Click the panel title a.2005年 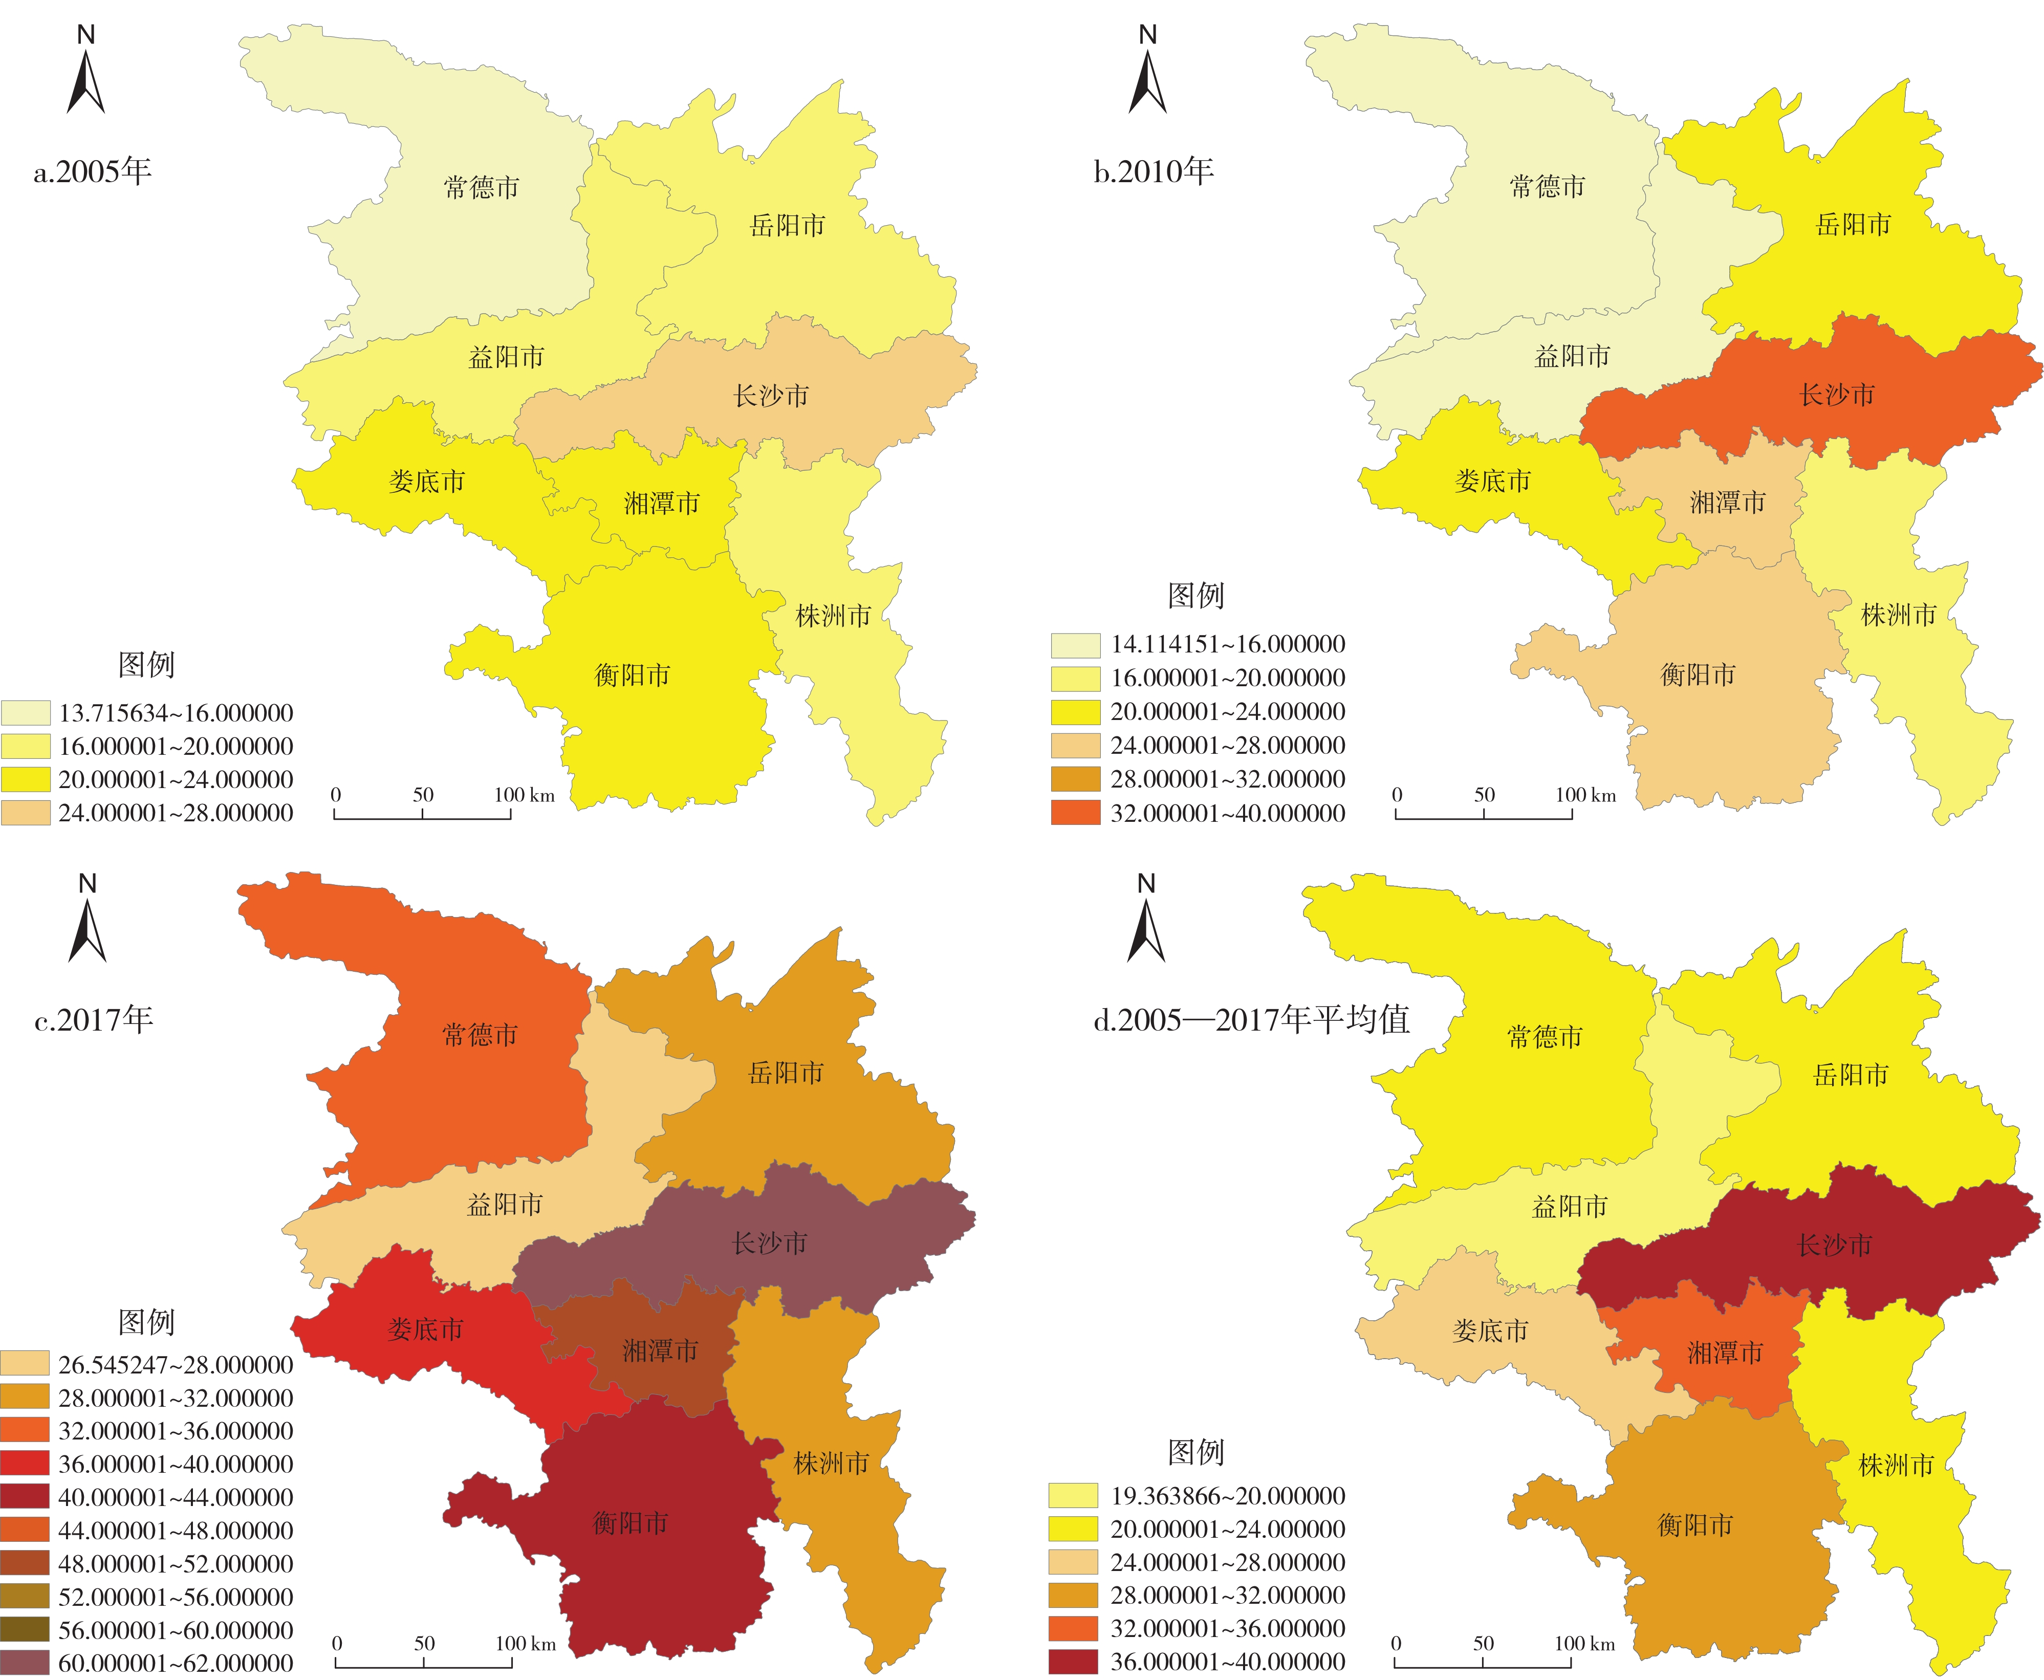coord(93,171)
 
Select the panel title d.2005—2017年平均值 coord(1251,1019)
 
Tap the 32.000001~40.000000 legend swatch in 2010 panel coord(1075,813)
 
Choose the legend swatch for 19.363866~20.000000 coord(1073,1496)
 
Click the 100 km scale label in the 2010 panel coord(1585,796)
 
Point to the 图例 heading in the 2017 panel coord(146,1322)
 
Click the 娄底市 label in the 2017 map coord(426,1329)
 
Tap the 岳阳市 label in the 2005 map coord(787,226)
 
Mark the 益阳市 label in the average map coord(1569,1207)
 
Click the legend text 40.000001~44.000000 coord(175,1498)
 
